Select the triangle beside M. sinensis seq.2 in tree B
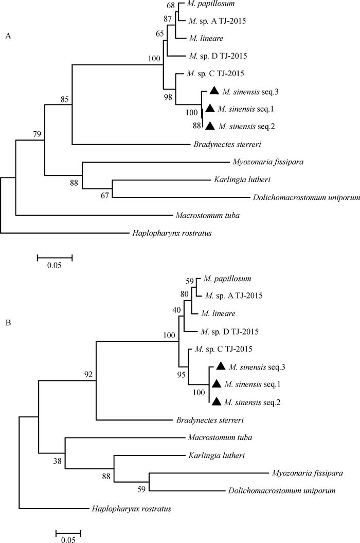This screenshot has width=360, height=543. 217,401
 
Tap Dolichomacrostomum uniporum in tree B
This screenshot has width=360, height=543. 281,491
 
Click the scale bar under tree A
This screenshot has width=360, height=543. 55,255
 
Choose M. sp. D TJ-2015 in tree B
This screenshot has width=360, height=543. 229,331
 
